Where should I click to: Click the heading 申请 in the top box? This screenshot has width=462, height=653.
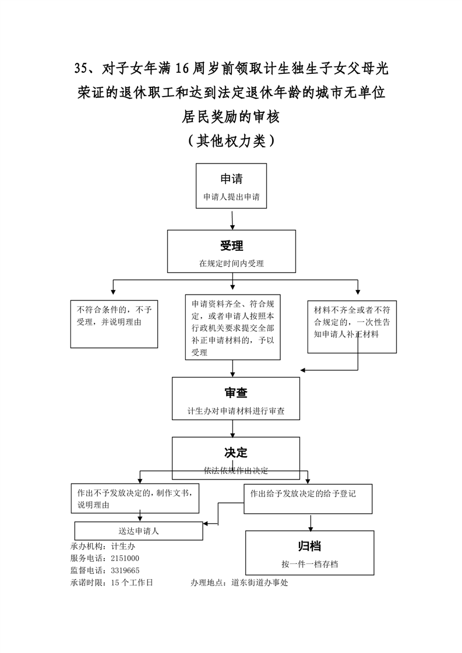tap(231, 179)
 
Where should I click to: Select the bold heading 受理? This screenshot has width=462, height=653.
tap(231, 245)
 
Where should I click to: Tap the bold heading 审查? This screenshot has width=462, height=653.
tap(236, 393)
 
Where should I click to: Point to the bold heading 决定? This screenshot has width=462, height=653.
tap(236, 452)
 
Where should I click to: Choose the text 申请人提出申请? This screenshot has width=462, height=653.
tap(231, 197)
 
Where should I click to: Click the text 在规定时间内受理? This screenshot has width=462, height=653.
tap(231, 264)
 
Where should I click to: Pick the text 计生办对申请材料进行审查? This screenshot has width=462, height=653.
tap(236, 411)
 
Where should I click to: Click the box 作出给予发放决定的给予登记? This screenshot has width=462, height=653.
tap(308, 499)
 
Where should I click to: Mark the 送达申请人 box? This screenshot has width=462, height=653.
tap(139, 531)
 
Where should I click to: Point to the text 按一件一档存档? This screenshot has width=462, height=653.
tap(309, 564)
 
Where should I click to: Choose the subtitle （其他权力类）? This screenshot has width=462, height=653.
tap(231, 140)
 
